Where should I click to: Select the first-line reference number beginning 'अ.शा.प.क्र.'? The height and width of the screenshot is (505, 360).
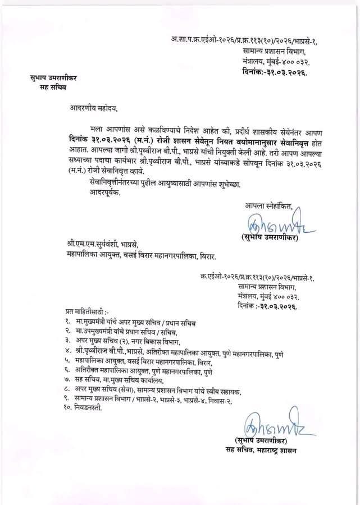tap(245, 39)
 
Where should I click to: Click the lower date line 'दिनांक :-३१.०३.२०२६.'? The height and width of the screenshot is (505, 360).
tap(267, 307)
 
